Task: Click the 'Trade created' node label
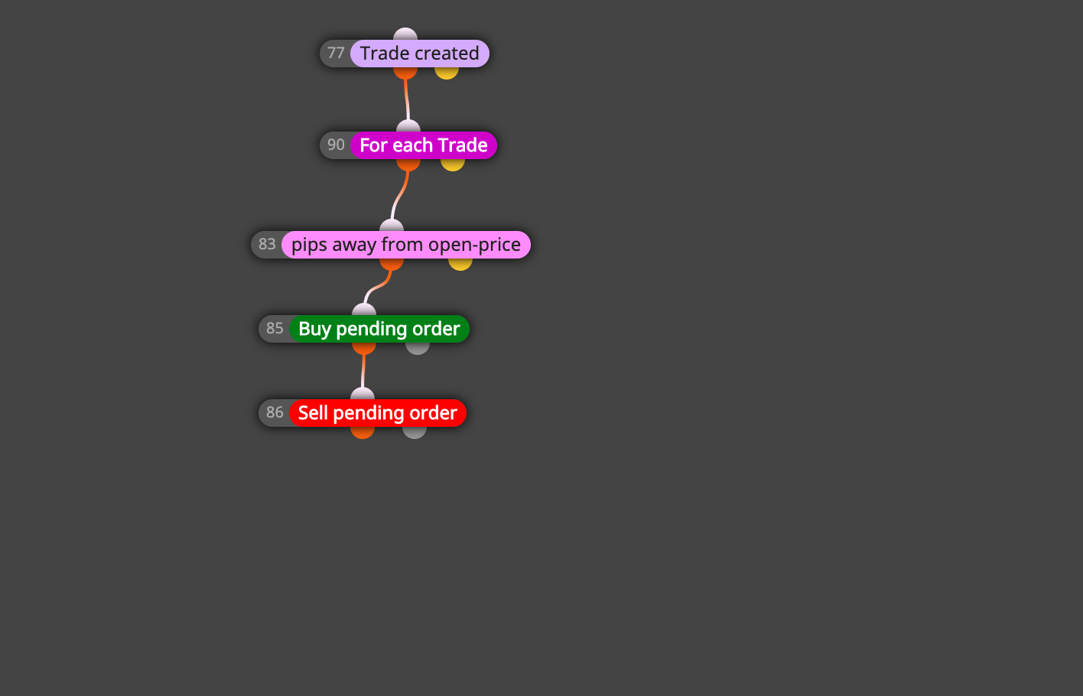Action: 420,54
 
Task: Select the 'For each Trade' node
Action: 424,145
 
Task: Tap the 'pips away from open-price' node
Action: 406,245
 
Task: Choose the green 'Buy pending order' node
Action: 379,329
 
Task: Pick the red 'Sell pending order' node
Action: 378,413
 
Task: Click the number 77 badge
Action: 336,53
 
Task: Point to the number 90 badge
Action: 336,145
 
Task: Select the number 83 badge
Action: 267,244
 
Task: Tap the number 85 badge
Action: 275,328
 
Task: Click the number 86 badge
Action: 275,412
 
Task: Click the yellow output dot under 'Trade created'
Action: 446,73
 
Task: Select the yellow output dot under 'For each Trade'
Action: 453,164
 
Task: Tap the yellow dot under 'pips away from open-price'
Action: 460,265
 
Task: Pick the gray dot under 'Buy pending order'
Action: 418,349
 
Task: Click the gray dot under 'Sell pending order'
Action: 415,433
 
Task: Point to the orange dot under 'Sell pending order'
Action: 363,433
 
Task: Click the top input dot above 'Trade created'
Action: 405,34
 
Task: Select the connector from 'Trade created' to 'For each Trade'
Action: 407,99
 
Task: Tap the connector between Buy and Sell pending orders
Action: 363,371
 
